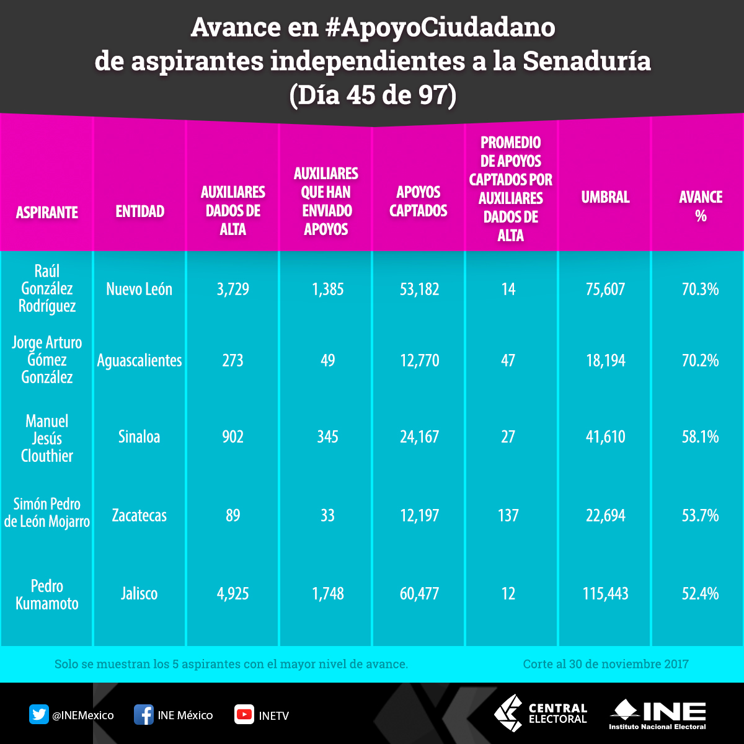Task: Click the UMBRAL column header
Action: click(605, 198)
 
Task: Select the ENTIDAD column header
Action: click(140, 211)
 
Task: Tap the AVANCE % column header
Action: click(701, 206)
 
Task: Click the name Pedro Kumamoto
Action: click(47, 595)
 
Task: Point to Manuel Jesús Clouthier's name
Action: click(47, 438)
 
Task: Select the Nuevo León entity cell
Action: click(139, 289)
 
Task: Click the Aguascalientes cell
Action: click(139, 360)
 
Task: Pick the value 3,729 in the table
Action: click(233, 289)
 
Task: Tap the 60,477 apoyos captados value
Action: click(419, 594)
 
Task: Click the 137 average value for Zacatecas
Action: click(508, 515)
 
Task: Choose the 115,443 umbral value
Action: click(605, 594)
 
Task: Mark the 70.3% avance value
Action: click(700, 289)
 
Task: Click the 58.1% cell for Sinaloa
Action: click(700, 437)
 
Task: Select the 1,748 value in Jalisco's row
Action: click(327, 594)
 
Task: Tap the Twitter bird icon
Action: click(39, 715)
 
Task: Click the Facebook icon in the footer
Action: click(144, 715)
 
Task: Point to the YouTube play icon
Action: click(244, 715)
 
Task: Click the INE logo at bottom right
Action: click(658, 715)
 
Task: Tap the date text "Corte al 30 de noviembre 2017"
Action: click(605, 664)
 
